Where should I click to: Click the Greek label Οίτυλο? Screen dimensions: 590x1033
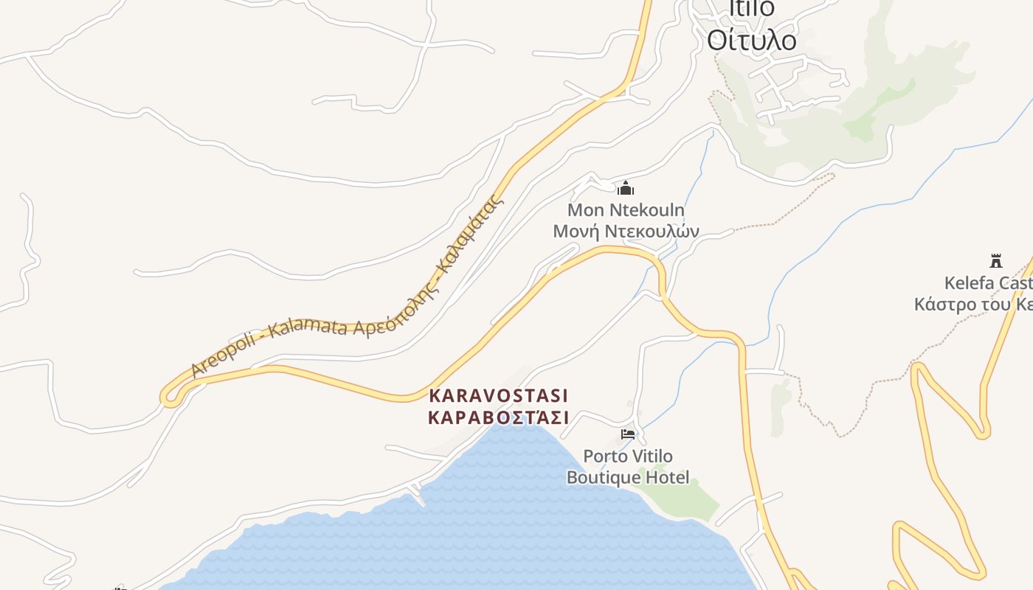751,40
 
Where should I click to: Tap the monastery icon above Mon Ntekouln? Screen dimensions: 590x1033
626,188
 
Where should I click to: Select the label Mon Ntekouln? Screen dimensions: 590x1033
626,210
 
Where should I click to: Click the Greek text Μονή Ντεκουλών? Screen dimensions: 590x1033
626,231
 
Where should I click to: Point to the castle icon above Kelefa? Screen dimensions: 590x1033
996,260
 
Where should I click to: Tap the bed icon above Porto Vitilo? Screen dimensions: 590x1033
628,434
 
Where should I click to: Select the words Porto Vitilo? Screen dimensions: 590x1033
628,457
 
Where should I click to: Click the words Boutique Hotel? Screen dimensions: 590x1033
628,478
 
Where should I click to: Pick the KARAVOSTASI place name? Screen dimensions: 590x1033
499,395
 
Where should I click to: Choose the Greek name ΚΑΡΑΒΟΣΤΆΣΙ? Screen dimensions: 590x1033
499,417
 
